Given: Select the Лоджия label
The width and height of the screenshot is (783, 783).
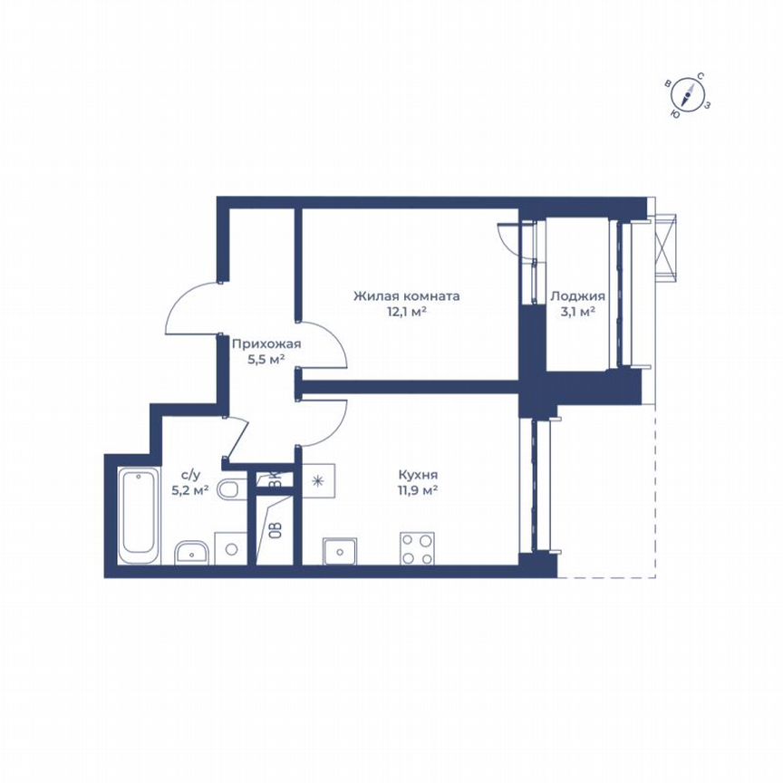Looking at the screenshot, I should coord(577,295).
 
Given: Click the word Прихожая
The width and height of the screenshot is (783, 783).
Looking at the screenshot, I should coord(266,343).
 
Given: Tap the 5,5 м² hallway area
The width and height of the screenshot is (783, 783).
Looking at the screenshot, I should coord(266,360).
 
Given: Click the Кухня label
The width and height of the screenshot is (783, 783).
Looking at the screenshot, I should coord(419,474).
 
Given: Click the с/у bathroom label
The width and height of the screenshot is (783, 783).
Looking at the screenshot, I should coord(190,474).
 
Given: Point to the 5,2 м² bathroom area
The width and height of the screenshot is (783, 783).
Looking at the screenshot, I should coord(190,490).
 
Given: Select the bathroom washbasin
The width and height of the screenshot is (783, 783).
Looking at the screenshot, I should coord(191,551).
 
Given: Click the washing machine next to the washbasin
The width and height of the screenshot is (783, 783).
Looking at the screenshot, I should coord(232,549).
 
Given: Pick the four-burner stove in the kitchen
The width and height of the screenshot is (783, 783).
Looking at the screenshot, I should coord(417,549).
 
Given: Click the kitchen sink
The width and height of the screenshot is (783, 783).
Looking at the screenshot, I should coord(340,551).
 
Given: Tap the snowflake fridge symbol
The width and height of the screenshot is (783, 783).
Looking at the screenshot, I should coord(319,481).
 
